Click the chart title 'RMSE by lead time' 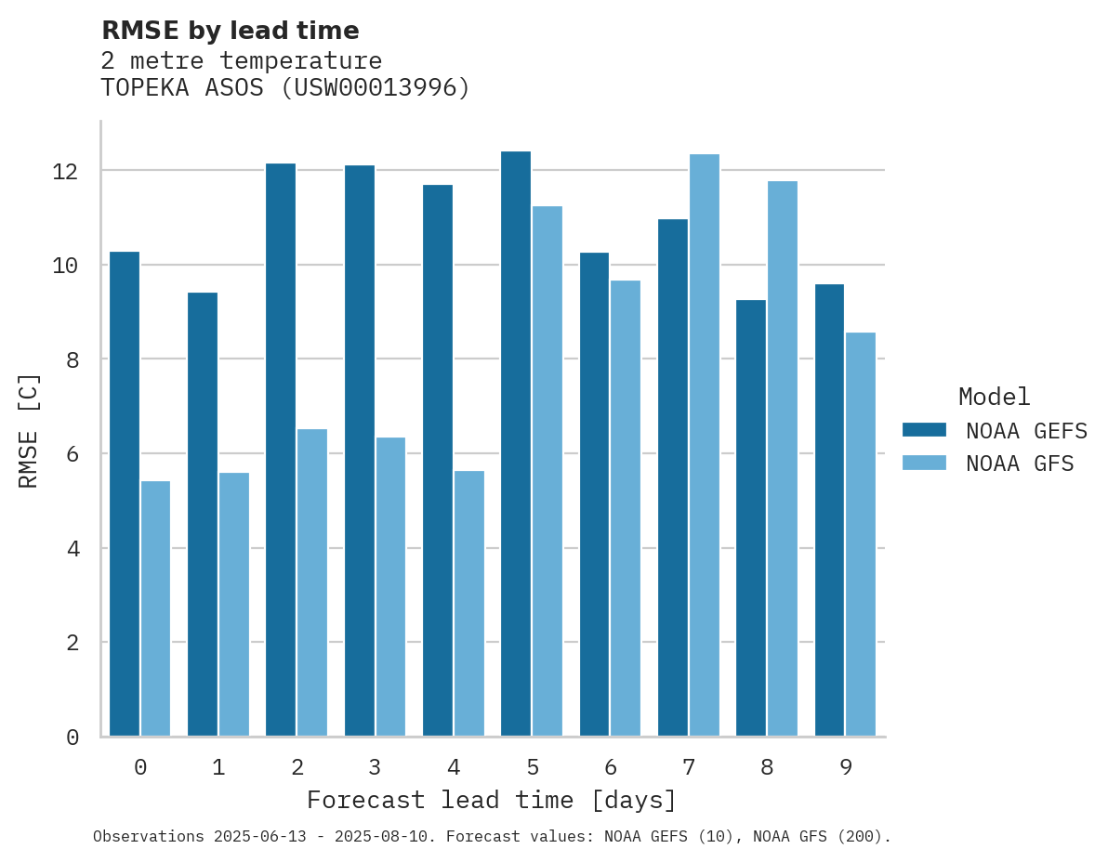[230, 31]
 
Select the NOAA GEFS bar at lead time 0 [125, 493]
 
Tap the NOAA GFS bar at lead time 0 [156, 608]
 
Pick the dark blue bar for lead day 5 [516, 443]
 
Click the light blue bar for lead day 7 [705, 445]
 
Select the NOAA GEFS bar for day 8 [751, 517]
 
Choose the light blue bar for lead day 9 [861, 534]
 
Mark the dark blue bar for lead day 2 [281, 450]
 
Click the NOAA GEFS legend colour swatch [924, 430]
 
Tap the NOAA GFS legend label [1020, 464]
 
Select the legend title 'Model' [995, 397]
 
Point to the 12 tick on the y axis [78, 172]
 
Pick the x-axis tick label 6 [610, 767]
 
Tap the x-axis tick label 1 [218, 767]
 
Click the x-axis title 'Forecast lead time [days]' [492, 800]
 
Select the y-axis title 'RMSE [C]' [29, 429]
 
